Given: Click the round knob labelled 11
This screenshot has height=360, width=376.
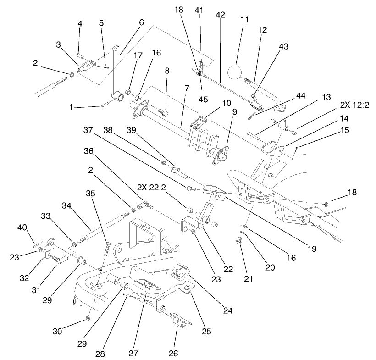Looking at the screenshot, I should (236, 73).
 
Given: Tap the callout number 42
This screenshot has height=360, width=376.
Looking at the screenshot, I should (220, 15).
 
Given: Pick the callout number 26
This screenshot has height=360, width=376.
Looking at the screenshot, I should (174, 353).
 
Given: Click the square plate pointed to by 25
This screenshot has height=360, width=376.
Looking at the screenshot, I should (187, 288).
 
